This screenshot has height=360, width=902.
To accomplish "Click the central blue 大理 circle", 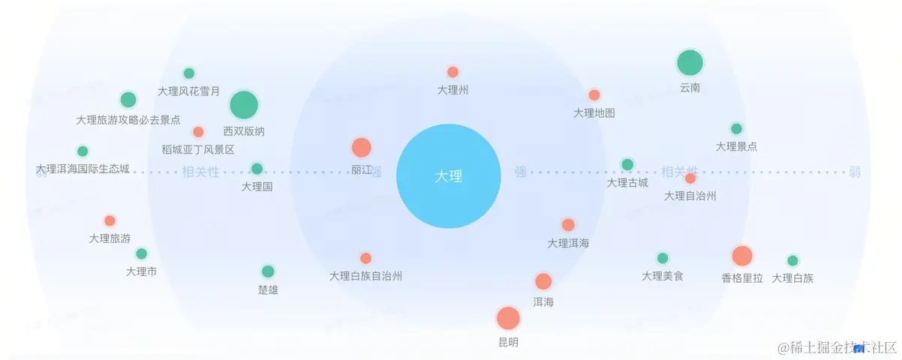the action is (x=448, y=176).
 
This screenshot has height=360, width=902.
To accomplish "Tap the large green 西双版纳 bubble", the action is (x=243, y=106).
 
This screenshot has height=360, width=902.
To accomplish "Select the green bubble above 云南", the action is (x=690, y=64).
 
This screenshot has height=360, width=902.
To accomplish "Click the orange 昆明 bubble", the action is (x=508, y=318).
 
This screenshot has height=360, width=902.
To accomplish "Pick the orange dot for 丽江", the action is (x=362, y=148).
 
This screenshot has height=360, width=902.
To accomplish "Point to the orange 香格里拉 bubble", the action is (x=742, y=256).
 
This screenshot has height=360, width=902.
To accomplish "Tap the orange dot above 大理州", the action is (x=453, y=72).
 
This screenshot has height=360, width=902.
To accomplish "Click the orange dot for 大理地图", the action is (x=594, y=95).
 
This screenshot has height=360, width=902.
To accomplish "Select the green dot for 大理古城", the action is (x=627, y=164).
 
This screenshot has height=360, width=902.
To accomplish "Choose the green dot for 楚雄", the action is (x=268, y=271).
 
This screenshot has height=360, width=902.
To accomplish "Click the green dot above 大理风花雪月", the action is (x=189, y=73).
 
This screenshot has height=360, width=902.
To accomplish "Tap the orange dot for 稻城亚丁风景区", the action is (x=198, y=132).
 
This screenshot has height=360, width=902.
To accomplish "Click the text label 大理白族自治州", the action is (x=365, y=276).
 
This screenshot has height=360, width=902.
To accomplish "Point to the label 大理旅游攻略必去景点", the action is (x=128, y=119).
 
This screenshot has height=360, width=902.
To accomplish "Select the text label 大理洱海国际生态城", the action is (x=83, y=169).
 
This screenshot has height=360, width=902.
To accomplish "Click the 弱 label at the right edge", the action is (x=855, y=172).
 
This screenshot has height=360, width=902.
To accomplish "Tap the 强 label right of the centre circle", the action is (x=520, y=172).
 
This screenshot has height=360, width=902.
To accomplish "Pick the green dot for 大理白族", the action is (x=792, y=261).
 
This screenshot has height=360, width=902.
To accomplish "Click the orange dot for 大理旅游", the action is (x=110, y=220).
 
